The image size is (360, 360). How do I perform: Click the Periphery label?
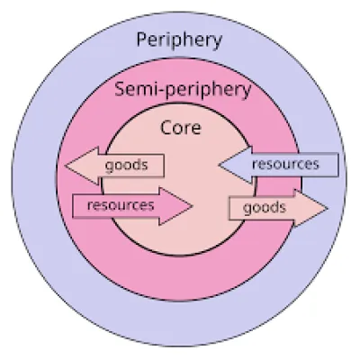pos(179,40)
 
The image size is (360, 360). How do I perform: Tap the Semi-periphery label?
pos(183,89)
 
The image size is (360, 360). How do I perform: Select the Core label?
pos(181,127)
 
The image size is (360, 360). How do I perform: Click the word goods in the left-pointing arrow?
pos(126,166)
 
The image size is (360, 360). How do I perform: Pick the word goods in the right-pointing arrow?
pos(265,208)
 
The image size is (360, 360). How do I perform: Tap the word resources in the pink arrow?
pos(121,205)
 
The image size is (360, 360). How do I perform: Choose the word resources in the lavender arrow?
pos(285,164)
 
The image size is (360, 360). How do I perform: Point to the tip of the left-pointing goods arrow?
pos(65,166)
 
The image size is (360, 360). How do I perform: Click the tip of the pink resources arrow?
pos(192,206)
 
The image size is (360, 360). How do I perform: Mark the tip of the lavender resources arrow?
pos(219,165)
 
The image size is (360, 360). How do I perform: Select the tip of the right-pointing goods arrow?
pos(328,208)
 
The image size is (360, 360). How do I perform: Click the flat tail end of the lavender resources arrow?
pos(338,165)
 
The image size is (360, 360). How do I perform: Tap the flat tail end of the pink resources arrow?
pos(73,206)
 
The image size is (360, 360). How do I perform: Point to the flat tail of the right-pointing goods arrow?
pos(229,208)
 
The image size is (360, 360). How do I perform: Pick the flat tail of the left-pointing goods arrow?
pos(164,166)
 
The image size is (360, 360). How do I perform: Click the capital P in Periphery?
pos(142,40)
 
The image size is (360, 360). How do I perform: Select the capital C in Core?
pos(166,127)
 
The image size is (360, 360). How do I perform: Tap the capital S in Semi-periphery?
pos(120,89)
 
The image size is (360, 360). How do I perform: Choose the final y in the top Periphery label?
pos(217,42)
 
